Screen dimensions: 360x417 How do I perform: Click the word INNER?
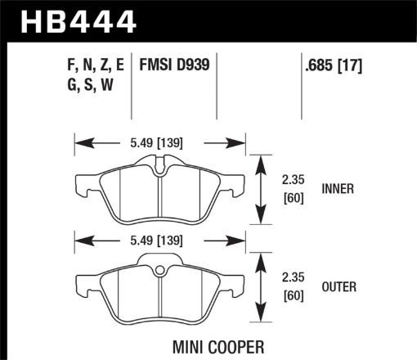(337, 187)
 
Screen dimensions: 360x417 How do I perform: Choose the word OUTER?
(337, 287)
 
